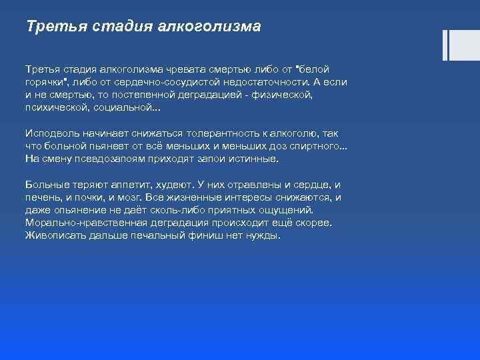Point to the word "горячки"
pyautogui.click(x=45, y=82)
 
